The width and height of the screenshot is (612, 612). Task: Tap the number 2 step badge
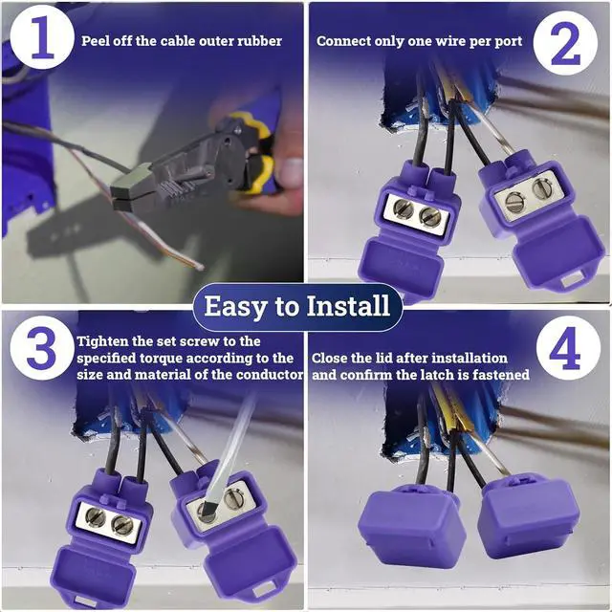pos(565,43)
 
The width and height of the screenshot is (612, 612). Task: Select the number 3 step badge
pos(41,348)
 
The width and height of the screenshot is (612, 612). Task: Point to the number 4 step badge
pos(568,348)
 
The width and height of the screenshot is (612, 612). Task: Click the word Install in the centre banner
pos(348,306)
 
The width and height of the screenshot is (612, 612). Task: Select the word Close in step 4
pos(329,358)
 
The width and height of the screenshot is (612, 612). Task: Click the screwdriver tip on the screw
pos(207,510)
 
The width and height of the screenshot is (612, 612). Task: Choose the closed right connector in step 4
pos(529,517)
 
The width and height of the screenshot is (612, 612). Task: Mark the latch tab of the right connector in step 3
pos(266,588)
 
